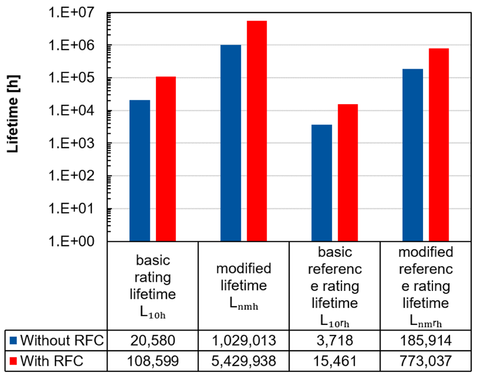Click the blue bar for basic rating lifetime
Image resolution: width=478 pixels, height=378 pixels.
[x=140, y=171]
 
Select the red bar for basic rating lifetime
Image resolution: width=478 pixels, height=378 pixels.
[x=166, y=159]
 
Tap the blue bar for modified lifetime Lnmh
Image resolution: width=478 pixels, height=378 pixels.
[x=231, y=143]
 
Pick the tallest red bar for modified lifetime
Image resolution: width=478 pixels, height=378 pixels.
[x=257, y=131]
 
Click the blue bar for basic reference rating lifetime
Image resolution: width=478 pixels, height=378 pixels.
[x=322, y=183]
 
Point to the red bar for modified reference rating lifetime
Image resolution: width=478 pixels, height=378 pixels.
[x=439, y=145]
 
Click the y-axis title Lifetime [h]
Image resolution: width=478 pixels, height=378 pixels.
[x=13, y=113]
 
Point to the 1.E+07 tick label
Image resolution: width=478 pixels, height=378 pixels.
[x=71, y=13]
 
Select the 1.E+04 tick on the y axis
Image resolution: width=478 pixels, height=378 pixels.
[x=71, y=111]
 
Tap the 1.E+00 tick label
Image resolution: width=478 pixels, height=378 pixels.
[x=71, y=241]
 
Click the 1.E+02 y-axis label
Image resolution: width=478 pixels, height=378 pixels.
[x=71, y=176]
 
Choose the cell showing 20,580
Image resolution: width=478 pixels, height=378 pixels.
[x=153, y=341]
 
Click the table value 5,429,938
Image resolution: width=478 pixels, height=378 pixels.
[x=244, y=361]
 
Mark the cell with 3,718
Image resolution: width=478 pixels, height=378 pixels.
[x=335, y=341]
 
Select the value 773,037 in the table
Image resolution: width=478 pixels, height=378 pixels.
[x=425, y=361]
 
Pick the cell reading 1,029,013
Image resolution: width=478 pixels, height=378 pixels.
[x=244, y=341]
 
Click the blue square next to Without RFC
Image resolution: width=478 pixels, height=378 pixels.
[x=13, y=341]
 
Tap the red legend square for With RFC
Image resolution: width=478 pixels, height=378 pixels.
[x=13, y=361]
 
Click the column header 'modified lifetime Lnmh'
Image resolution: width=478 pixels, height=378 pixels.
[x=244, y=286]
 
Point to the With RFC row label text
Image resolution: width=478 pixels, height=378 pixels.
[x=52, y=361]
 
